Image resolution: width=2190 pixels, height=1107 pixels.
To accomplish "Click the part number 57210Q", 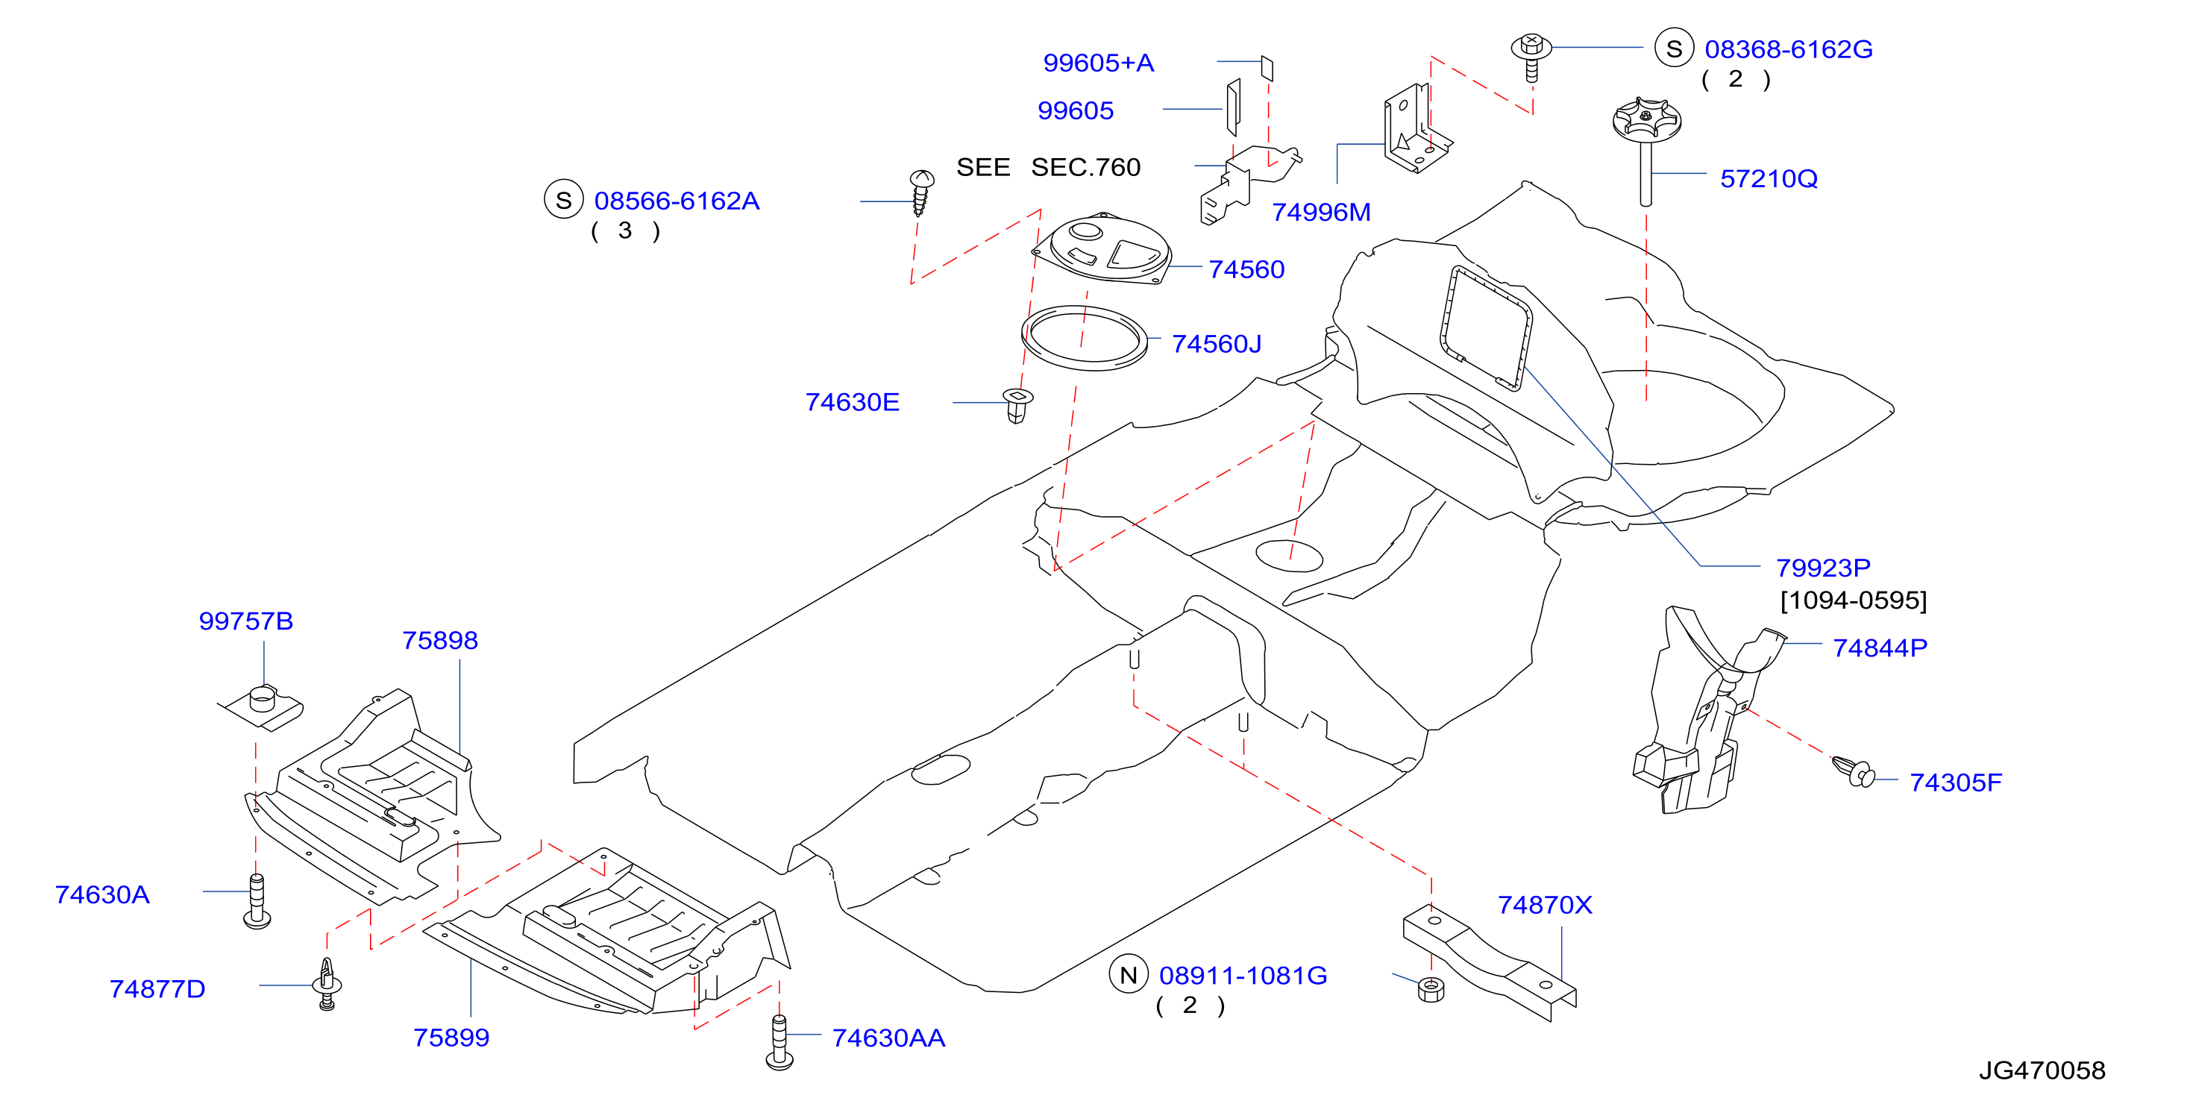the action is point(1769,178).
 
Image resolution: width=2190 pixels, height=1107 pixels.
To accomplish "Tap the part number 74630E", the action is point(852,402).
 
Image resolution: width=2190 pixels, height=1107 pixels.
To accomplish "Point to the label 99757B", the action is point(245,621).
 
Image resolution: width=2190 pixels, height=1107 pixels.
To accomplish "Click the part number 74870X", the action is point(1545,905).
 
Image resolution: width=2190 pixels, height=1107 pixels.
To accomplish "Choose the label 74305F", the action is point(1955,783).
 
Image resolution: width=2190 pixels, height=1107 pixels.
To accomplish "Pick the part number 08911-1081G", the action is point(1243,975).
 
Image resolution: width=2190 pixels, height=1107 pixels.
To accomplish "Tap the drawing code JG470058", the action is point(2042,1070).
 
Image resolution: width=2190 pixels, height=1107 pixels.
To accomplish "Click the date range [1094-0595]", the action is point(1854,600).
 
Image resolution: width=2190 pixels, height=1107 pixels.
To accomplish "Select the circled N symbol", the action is point(1128,975).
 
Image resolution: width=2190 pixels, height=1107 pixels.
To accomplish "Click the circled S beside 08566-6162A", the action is point(564,200).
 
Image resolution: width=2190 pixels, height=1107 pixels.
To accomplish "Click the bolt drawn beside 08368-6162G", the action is point(1531,56).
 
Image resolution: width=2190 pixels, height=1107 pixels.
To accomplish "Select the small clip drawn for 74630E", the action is point(1017,406).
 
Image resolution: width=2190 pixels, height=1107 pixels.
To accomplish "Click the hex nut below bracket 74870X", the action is point(1431,990).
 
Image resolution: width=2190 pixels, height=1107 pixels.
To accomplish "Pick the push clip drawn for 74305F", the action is point(1854,771).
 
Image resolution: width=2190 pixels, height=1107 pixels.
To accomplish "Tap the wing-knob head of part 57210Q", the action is point(1647,120).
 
